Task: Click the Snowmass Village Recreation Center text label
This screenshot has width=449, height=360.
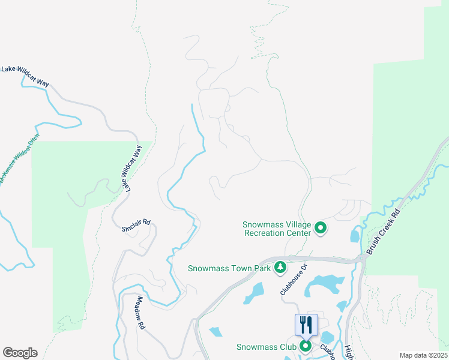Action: click(x=277, y=229)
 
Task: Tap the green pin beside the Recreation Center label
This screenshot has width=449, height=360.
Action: click(x=321, y=228)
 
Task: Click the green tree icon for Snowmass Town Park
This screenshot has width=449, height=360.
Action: click(x=279, y=268)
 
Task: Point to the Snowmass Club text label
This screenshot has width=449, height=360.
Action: click(x=266, y=347)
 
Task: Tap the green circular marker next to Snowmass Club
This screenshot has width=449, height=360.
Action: click(x=306, y=346)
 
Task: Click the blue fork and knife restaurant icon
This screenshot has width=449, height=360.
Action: click(x=306, y=325)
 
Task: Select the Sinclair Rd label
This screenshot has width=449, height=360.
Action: click(x=135, y=226)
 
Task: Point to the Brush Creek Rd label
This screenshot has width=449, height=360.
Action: click(x=384, y=231)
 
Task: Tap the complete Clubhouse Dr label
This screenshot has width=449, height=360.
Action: click(x=294, y=279)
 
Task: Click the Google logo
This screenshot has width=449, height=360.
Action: click(x=20, y=353)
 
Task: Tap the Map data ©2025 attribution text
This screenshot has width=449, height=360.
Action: click(x=423, y=355)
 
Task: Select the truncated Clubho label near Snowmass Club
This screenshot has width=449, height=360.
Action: click(x=326, y=350)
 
